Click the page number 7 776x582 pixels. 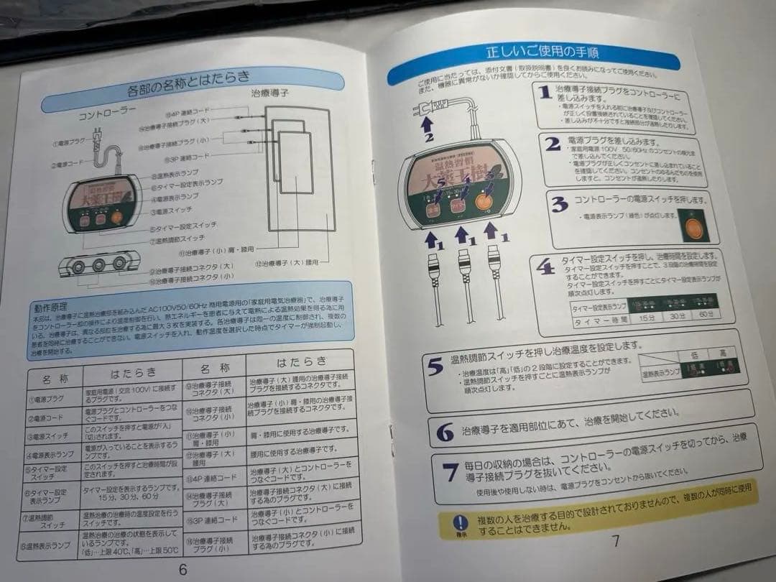coord(615,540)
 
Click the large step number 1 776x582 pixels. coord(545,92)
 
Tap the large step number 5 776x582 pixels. coord(435,367)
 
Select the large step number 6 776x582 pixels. coord(445,433)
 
